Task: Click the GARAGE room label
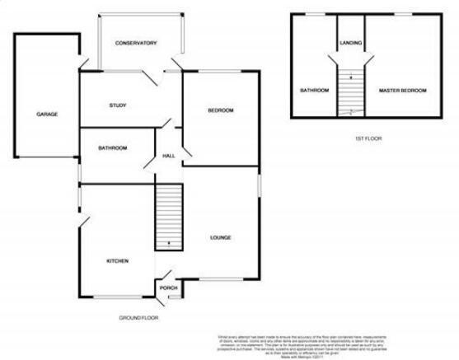(x=46, y=115)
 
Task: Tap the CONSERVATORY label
(x=136, y=43)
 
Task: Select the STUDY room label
(x=117, y=105)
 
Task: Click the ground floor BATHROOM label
(x=113, y=148)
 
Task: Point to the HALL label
(x=168, y=157)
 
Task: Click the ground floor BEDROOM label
(x=221, y=110)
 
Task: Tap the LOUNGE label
(x=219, y=238)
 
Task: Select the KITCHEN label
(x=117, y=261)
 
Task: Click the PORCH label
(x=168, y=288)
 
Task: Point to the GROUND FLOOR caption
(x=138, y=318)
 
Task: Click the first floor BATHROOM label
(x=314, y=90)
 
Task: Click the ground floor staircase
(x=168, y=216)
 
